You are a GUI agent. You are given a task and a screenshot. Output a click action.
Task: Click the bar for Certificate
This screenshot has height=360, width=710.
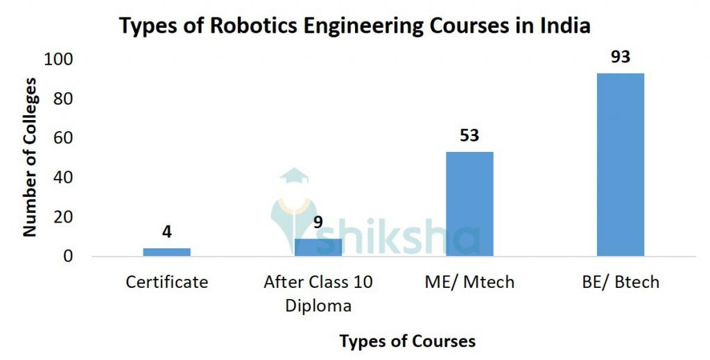pyautogui.click(x=166, y=252)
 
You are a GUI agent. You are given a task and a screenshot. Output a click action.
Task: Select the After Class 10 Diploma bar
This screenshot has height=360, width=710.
pyautogui.click(x=318, y=247)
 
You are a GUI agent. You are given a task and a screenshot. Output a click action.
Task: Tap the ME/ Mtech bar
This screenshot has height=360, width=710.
pyautogui.click(x=469, y=204)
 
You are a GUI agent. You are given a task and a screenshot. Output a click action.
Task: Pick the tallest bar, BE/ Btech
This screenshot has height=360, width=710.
pyautogui.click(x=621, y=164)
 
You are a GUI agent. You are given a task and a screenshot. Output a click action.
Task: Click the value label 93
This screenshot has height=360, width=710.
pyautogui.click(x=621, y=57)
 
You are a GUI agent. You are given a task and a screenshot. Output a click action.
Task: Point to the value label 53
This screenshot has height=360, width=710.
pyautogui.click(x=469, y=135)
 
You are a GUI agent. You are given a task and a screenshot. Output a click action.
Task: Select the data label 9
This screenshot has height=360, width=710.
pyautogui.click(x=318, y=223)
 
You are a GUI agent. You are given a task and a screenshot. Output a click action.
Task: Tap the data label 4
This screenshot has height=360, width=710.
pyautogui.click(x=166, y=232)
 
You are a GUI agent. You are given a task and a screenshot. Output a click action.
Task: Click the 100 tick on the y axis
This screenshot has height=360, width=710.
pyautogui.click(x=58, y=60)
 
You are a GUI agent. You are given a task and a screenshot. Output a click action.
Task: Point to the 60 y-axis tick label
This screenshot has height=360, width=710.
pyautogui.click(x=63, y=139)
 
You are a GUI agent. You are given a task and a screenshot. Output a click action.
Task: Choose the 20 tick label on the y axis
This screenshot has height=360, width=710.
pyautogui.click(x=63, y=217)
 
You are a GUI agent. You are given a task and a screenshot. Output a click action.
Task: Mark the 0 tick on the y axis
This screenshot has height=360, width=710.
pyautogui.click(x=68, y=257)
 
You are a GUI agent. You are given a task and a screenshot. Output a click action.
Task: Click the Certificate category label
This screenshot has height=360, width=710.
pyautogui.click(x=166, y=282)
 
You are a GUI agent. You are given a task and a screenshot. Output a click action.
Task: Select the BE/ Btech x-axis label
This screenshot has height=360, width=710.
pyautogui.click(x=621, y=282)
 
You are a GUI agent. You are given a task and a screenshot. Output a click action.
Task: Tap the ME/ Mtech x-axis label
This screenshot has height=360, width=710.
pyautogui.click(x=469, y=282)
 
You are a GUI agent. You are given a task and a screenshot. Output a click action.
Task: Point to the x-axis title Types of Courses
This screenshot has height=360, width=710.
pyautogui.click(x=407, y=341)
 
